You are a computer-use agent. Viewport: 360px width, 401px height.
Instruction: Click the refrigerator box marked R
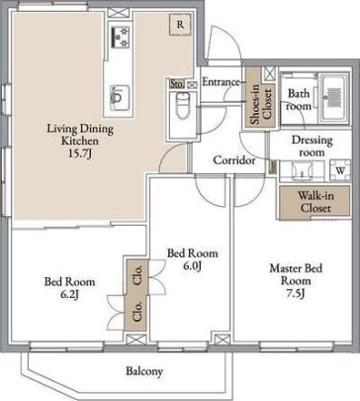pos(180,24)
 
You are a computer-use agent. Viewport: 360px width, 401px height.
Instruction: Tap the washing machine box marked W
pos(340,170)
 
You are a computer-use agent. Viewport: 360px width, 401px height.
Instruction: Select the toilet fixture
pos(182,105)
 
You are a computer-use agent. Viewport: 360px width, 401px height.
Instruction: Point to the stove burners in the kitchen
pos(120,37)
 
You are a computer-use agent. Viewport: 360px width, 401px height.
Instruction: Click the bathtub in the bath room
pos(334,98)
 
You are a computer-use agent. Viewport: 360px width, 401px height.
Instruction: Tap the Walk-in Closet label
pos(315,202)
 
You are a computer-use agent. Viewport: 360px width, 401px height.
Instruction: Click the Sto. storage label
pos(177,84)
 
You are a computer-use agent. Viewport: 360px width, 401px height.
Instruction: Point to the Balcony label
pos(144,371)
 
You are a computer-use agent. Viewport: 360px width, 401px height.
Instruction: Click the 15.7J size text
pos(80,153)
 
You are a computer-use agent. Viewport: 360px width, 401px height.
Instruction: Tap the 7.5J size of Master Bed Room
pos(296,293)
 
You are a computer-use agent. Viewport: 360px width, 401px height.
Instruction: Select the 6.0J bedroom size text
pos(192,265)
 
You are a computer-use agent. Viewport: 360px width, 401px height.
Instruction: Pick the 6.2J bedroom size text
pos(69,294)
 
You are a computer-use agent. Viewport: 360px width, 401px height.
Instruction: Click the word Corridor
pos(234,160)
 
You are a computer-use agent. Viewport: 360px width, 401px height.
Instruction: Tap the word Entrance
pos(221,82)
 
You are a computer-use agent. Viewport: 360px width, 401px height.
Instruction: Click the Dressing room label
pos(312,146)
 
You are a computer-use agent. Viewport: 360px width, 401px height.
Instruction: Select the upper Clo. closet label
pos(138,274)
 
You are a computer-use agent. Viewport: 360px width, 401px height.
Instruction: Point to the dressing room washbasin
pos(302,171)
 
